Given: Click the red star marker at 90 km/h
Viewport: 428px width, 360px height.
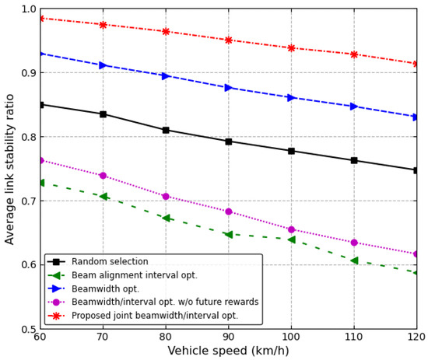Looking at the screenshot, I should coord(228,40).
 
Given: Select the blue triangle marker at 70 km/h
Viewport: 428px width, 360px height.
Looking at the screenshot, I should coord(103,65).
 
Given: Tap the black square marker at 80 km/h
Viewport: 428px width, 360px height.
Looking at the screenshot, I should coord(166,130).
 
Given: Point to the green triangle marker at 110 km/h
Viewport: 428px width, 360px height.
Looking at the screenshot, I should coord(354,260).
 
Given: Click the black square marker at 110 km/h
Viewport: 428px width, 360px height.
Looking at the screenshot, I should coord(354,160).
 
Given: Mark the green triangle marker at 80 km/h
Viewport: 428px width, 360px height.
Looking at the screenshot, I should coord(166,218).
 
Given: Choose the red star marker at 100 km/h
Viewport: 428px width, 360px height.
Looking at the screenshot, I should coord(291,48).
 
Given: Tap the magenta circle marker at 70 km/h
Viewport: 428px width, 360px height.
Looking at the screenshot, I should coord(103,176).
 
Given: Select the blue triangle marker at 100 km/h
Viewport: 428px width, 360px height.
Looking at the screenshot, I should coord(291,97).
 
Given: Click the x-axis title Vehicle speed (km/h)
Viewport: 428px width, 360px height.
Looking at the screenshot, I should coord(228,351).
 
